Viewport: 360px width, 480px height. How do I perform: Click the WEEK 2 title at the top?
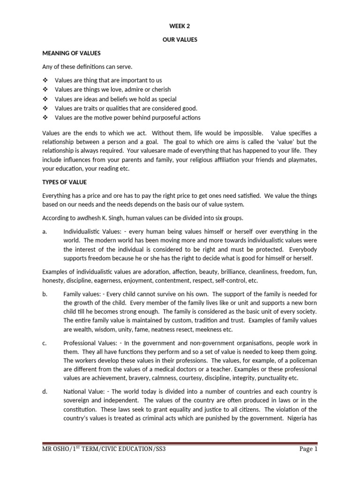[x=180, y=27]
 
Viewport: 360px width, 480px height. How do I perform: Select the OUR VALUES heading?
[x=180, y=40]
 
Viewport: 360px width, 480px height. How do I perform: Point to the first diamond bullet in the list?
[x=45, y=80]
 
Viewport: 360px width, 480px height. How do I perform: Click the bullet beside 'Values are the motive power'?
[x=45, y=117]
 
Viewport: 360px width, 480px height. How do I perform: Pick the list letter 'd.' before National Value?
[x=45, y=392]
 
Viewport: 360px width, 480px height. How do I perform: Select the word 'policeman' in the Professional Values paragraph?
[x=301, y=360]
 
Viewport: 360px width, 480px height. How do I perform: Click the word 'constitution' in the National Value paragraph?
[x=80, y=410]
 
